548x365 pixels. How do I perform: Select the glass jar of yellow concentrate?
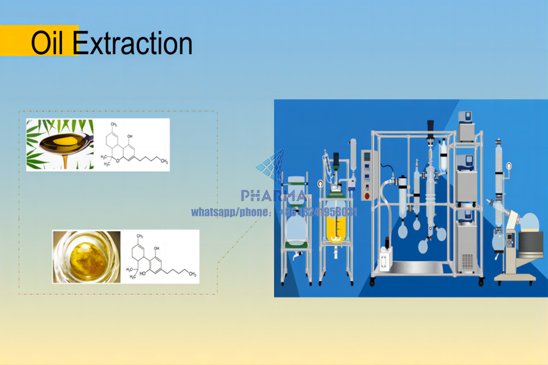86,256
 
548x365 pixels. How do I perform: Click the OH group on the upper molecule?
130,136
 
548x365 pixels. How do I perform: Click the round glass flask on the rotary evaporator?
529,226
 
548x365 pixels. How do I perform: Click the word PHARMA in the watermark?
273,196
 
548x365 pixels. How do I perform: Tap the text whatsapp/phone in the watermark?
229,212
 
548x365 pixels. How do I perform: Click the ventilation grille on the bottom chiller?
467,260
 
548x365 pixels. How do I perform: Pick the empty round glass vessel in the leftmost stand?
296,228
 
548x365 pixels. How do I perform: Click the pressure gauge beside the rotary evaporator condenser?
507,165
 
